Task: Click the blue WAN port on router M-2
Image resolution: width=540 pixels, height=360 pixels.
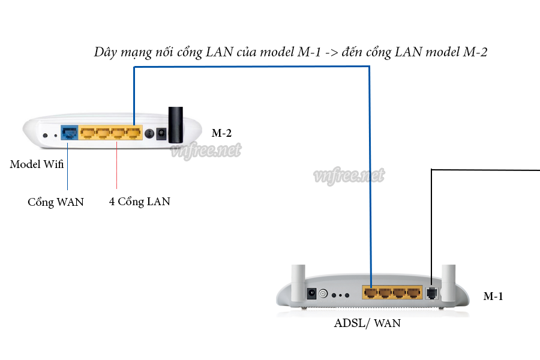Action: point(70,132)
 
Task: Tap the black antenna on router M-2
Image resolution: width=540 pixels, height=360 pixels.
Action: point(175,124)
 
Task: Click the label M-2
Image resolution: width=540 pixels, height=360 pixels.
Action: point(221,133)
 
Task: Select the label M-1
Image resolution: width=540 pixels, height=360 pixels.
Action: point(493,296)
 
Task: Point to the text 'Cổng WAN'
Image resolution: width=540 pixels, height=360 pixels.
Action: point(56,202)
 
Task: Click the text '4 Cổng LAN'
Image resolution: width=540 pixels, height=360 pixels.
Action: point(139,202)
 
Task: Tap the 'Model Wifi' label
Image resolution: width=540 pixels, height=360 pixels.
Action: point(37,164)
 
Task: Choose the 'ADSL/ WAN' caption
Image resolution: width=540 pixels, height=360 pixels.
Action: point(367,323)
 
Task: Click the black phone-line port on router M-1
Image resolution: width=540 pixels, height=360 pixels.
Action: point(432,293)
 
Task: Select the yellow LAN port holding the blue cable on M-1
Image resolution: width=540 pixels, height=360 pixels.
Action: point(371,293)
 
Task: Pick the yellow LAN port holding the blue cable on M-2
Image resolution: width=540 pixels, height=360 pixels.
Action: point(133,133)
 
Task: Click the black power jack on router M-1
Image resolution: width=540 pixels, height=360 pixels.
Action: point(311,293)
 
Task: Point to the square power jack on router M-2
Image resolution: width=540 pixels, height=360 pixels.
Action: point(161,134)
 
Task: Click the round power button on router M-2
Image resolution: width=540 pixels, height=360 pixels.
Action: point(148,133)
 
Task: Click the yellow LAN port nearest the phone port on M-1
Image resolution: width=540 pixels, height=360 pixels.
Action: point(413,293)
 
